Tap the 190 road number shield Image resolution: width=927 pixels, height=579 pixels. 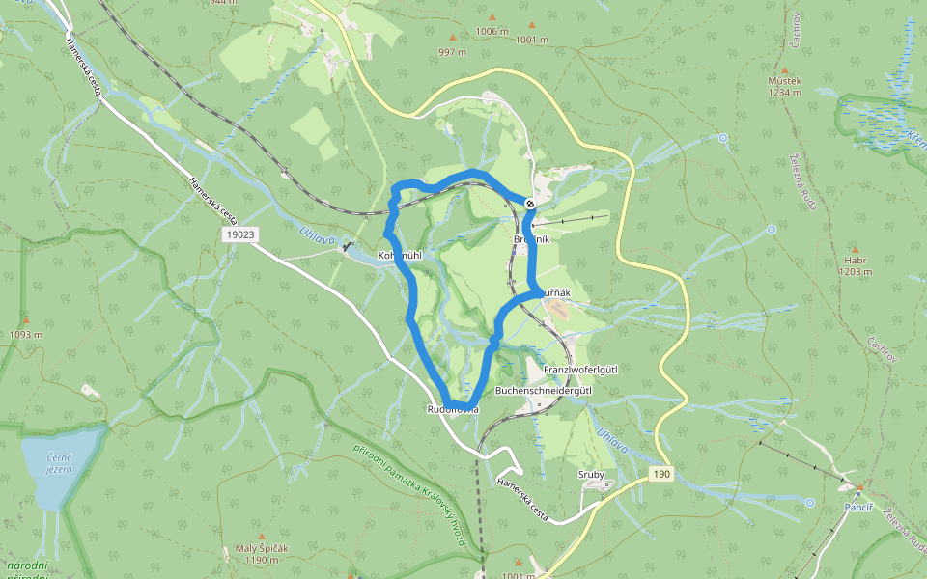point(660,474)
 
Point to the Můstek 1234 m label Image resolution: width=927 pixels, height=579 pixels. point(784,87)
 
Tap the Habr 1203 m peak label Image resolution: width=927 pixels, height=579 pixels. point(856,265)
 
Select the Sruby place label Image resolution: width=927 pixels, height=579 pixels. point(590,474)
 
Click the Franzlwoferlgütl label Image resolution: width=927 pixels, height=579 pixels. point(580,371)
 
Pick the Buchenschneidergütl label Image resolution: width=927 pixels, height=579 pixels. point(543,391)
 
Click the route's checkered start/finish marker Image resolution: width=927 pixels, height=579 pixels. point(530,203)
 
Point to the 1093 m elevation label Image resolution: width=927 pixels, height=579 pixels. point(26,335)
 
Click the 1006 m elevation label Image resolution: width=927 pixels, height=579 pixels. point(492,31)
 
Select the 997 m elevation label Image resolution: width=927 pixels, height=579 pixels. point(452,52)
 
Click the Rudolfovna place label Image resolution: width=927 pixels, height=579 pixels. point(452,410)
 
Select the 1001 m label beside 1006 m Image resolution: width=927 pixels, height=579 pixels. point(531,40)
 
